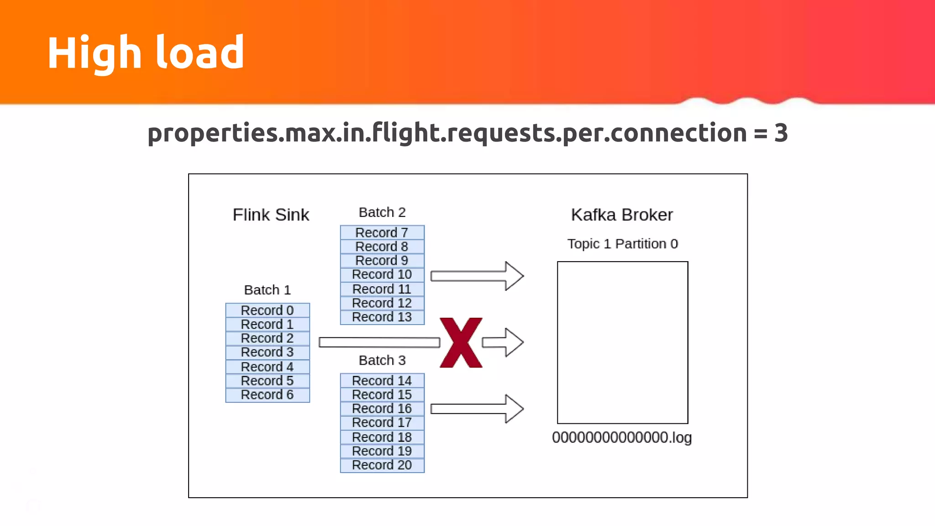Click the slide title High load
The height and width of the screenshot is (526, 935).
(146, 53)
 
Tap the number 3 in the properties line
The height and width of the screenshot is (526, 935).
(781, 133)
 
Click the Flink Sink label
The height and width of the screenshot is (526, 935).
(271, 215)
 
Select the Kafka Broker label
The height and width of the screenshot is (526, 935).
(622, 215)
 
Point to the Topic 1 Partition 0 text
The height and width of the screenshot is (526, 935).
(622, 244)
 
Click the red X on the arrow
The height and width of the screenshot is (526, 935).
(461, 343)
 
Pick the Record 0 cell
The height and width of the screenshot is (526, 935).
(268, 310)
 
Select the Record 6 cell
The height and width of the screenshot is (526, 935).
(268, 395)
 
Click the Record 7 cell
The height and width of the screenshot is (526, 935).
(382, 233)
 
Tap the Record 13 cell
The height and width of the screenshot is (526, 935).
(382, 317)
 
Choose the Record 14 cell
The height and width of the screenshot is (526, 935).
(382, 381)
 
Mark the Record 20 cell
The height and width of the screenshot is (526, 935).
(382, 465)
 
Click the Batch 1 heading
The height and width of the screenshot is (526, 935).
(268, 290)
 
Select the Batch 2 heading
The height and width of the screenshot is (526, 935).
(382, 212)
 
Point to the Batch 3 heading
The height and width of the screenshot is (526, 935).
(382, 360)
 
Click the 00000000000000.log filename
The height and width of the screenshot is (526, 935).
(622, 437)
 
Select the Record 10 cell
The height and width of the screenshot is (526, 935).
(382, 274)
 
